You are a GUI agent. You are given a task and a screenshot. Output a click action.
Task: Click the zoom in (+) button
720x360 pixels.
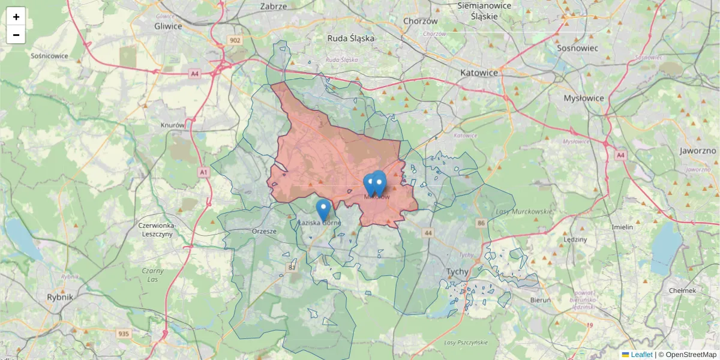[x=16, y=17]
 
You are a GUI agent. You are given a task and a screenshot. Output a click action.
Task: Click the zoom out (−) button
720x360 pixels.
[x=16, y=35]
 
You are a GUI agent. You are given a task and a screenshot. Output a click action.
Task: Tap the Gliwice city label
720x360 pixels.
[x=168, y=26]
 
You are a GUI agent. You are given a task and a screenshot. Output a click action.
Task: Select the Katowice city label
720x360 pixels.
[x=479, y=73]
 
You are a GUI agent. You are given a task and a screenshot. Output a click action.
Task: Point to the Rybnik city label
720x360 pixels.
[x=60, y=297]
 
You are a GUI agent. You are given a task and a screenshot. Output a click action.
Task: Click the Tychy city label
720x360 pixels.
[x=457, y=272]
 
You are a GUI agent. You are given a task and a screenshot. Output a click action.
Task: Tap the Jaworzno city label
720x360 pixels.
[x=698, y=151]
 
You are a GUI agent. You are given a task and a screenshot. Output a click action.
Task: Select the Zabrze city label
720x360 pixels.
[x=274, y=7]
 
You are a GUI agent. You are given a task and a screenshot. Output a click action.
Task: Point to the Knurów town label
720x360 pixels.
[x=173, y=125]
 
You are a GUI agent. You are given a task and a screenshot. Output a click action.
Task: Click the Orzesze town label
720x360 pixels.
[x=264, y=231]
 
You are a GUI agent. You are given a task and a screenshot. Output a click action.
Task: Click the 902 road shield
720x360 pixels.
[x=235, y=40]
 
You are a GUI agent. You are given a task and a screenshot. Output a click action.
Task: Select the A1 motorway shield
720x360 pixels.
[x=203, y=172]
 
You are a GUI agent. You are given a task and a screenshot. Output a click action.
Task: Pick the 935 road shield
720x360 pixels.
[x=124, y=334]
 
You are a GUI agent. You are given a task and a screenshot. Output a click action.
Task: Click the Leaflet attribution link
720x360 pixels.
[x=641, y=355]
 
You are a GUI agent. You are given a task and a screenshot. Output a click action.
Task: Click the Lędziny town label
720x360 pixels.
[x=575, y=239]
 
